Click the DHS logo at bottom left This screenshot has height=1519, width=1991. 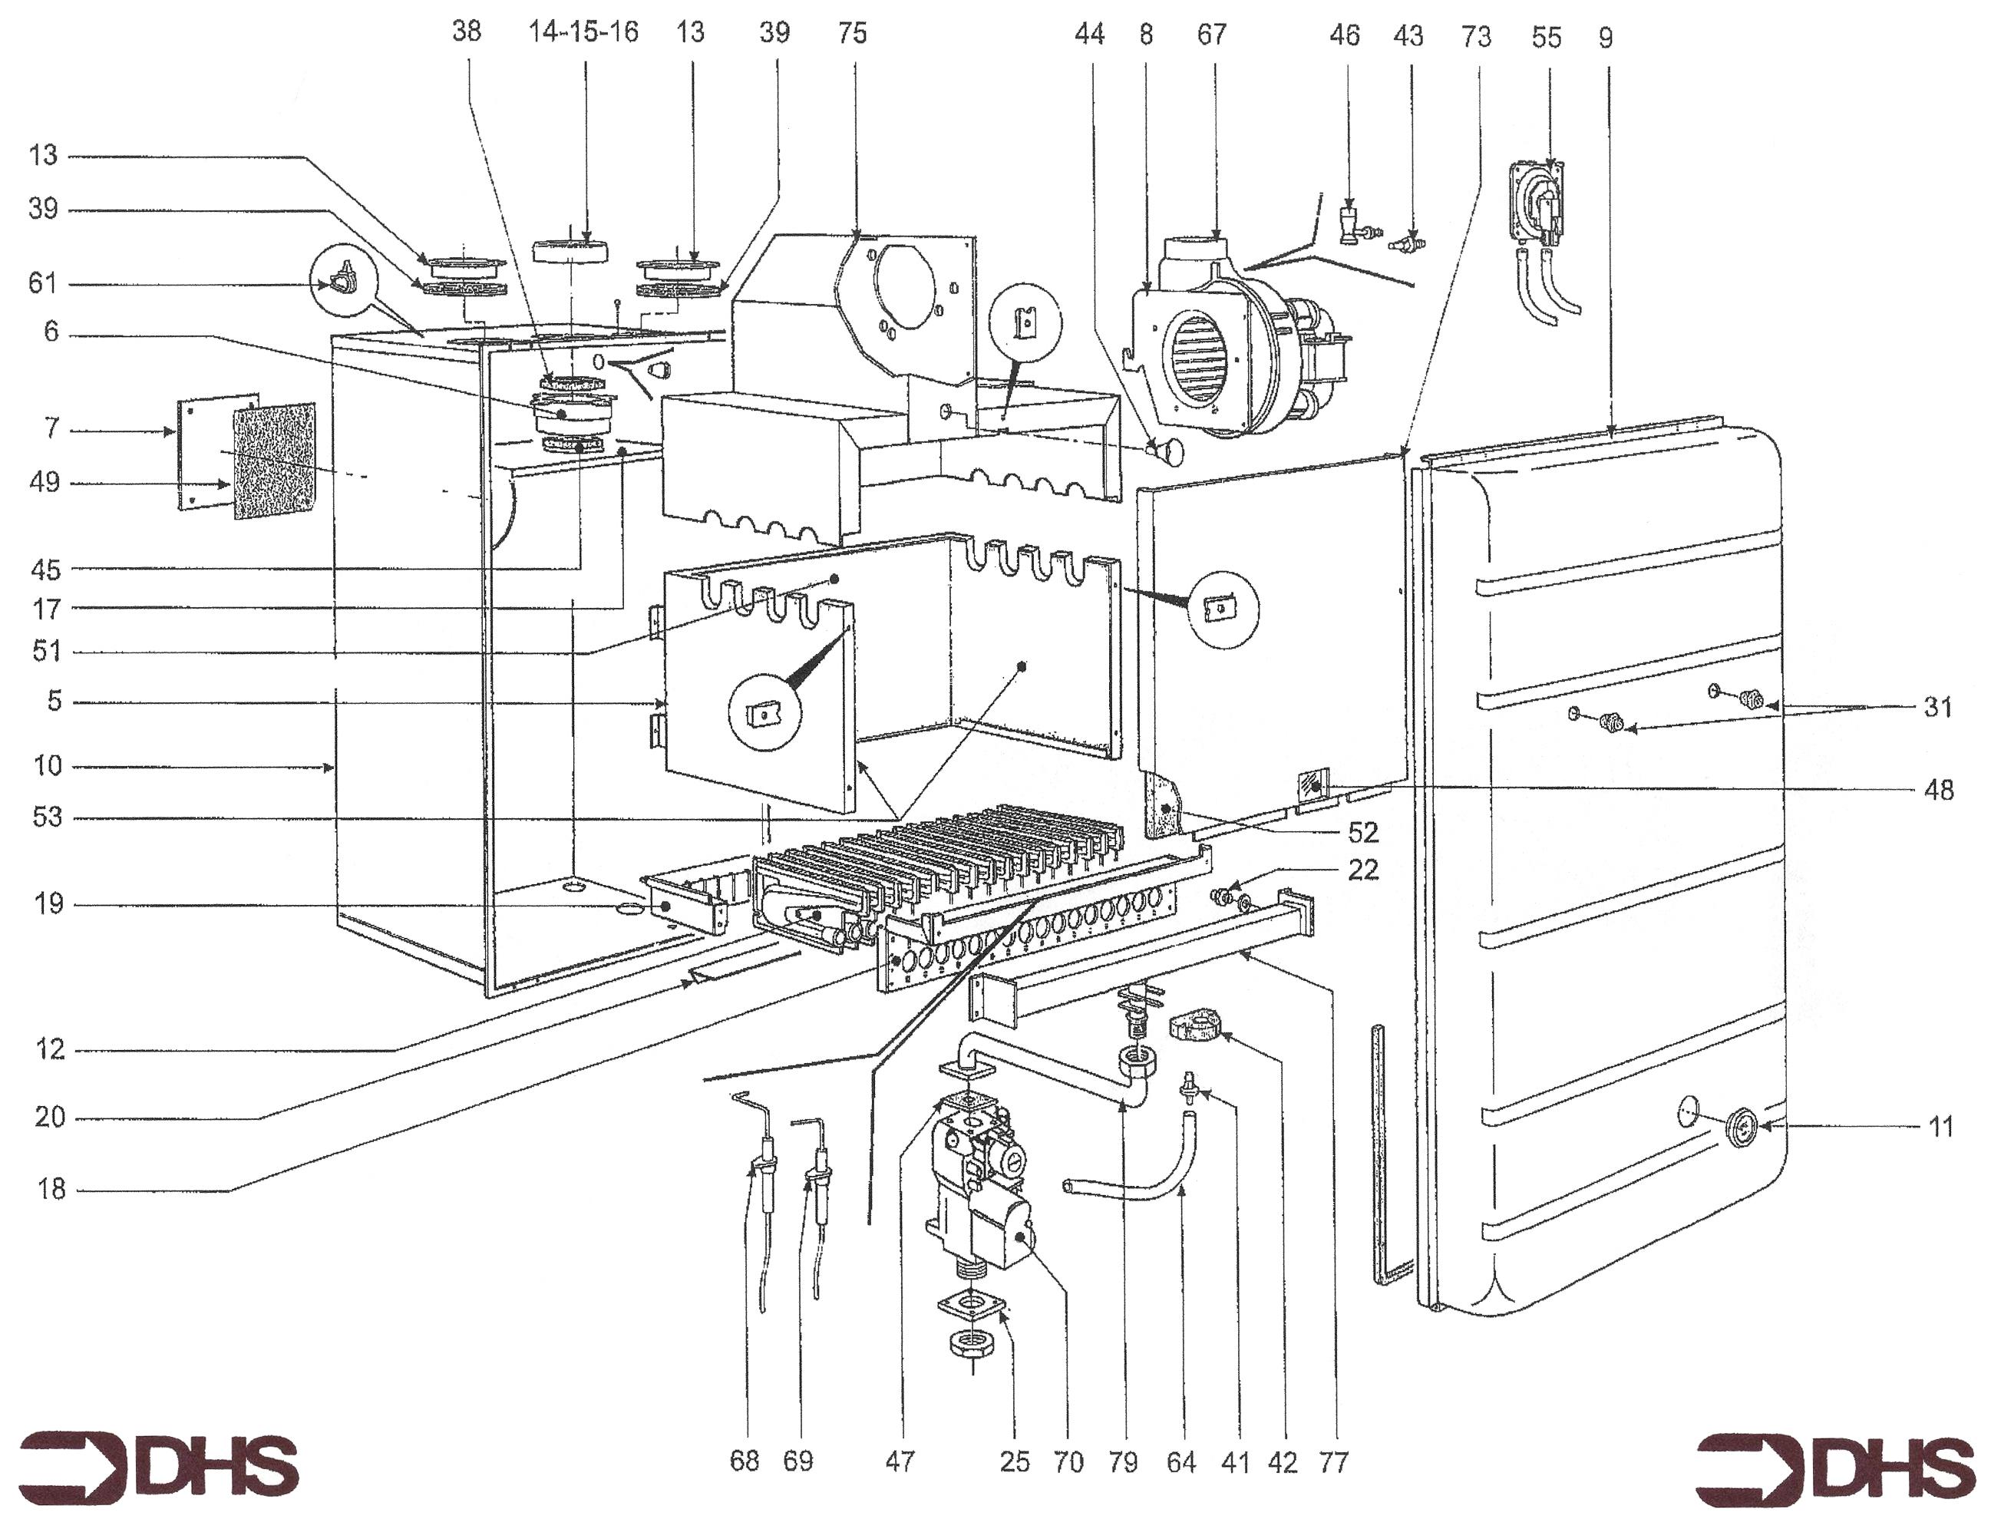[x=158, y=1464]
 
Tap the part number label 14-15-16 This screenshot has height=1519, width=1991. [x=583, y=32]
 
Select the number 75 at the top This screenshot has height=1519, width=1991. [x=852, y=34]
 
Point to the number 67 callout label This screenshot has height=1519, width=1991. [x=1212, y=35]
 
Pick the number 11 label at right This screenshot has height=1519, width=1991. [x=1941, y=1127]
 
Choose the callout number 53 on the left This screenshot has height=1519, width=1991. [x=47, y=817]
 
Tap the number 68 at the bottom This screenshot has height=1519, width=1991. [x=745, y=1460]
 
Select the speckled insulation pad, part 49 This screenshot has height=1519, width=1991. [x=275, y=461]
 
